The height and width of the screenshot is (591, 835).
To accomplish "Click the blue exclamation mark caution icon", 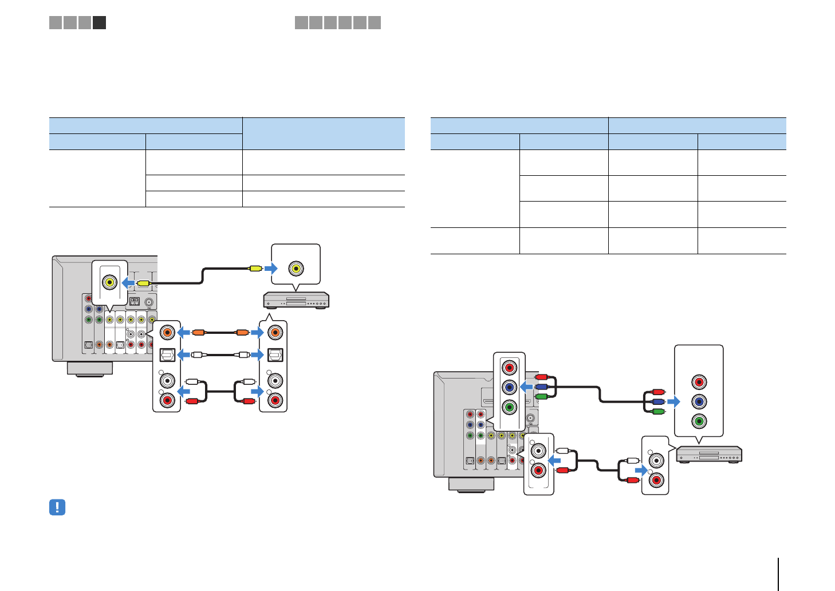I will coord(57,507).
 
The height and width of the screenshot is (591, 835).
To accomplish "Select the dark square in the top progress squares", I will coord(99,23).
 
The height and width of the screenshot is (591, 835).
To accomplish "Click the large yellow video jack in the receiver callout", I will coord(109,282).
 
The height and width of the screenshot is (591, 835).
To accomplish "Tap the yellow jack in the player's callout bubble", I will coord(296,268).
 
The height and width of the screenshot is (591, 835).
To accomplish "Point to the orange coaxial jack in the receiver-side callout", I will coord(167,332).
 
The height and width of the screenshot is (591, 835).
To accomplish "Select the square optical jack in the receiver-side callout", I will coord(167,355).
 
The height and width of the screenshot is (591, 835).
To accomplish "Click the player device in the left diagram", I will coord(296,300).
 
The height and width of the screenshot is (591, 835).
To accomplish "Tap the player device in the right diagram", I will coord(709,454).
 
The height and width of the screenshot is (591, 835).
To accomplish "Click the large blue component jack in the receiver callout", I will coord(509,388).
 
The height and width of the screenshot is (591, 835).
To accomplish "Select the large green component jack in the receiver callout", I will coord(509,407).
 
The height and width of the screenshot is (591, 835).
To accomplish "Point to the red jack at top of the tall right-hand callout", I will coord(698,382).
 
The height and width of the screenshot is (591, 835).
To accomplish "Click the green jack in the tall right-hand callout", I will coord(698,421).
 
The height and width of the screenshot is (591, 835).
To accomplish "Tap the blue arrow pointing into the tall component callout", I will coord(673,402).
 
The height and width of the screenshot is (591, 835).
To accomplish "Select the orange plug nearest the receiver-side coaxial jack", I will coord(198,332).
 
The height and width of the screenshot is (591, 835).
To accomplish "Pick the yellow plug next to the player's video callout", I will coord(255,268).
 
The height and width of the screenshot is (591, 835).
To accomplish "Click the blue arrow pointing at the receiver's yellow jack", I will coord(129,283).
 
